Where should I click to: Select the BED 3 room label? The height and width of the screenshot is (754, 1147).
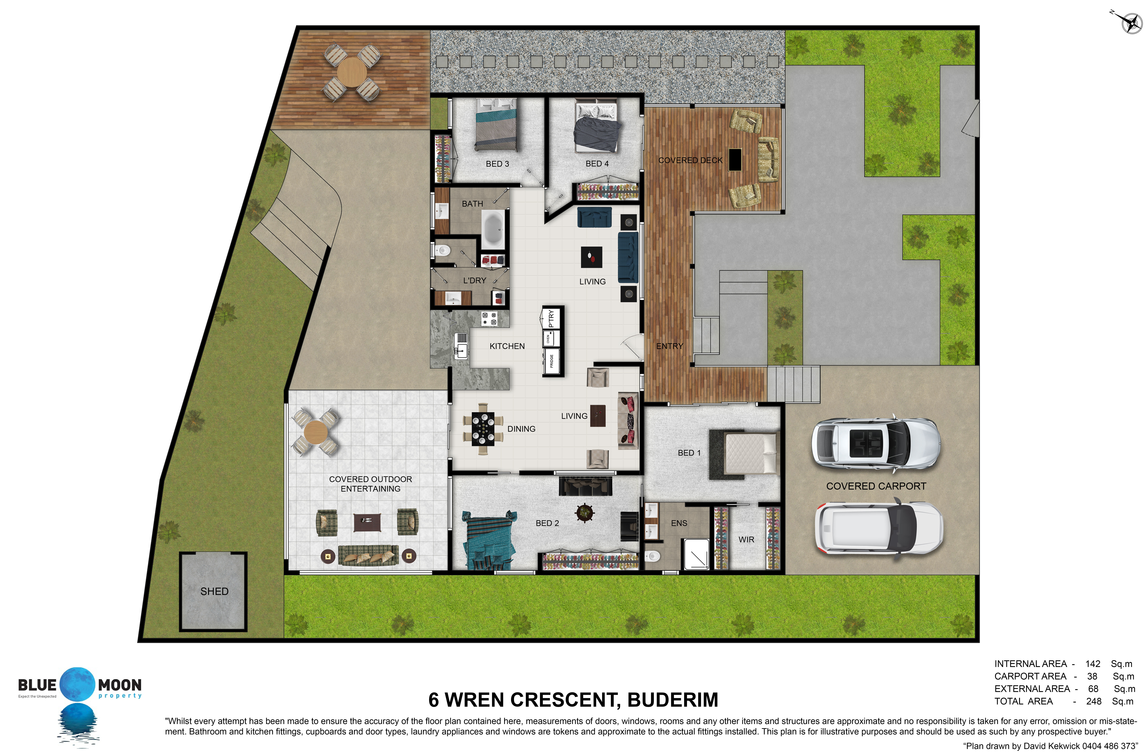click(x=497, y=164)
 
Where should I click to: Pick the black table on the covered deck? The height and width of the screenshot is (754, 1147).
click(x=735, y=160)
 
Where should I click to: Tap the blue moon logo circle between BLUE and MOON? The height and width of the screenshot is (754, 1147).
click(x=77, y=684)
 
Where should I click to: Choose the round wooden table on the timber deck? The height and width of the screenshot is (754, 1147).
click(x=352, y=72)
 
